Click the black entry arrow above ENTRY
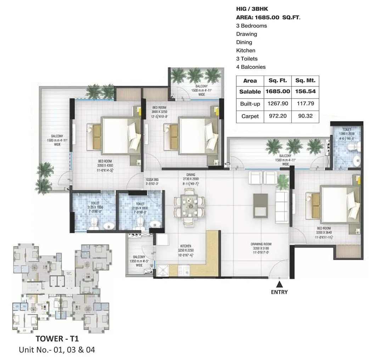280,284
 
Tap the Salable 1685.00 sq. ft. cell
278,91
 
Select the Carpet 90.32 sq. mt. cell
305,116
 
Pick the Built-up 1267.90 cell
278,104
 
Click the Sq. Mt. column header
305,80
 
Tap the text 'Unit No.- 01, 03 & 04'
57,350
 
